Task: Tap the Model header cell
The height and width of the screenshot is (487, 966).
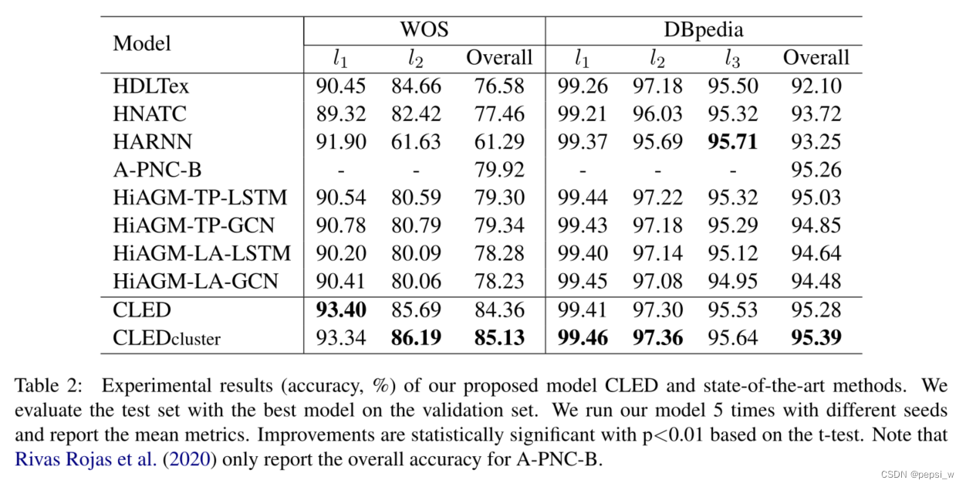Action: [142, 42]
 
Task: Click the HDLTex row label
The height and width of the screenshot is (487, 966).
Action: [150, 86]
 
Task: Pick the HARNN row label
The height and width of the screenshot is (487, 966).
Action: [152, 142]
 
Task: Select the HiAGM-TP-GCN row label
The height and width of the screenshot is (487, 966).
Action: [194, 225]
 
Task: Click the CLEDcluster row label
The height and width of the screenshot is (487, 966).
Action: [167, 337]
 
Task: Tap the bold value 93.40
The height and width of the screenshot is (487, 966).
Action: [340, 309]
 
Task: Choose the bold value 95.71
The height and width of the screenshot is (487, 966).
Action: [732, 142]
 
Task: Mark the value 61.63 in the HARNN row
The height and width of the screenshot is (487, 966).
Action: [417, 142]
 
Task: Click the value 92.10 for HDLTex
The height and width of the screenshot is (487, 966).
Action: [816, 86]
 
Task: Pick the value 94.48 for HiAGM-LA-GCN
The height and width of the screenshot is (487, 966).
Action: [816, 282]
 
